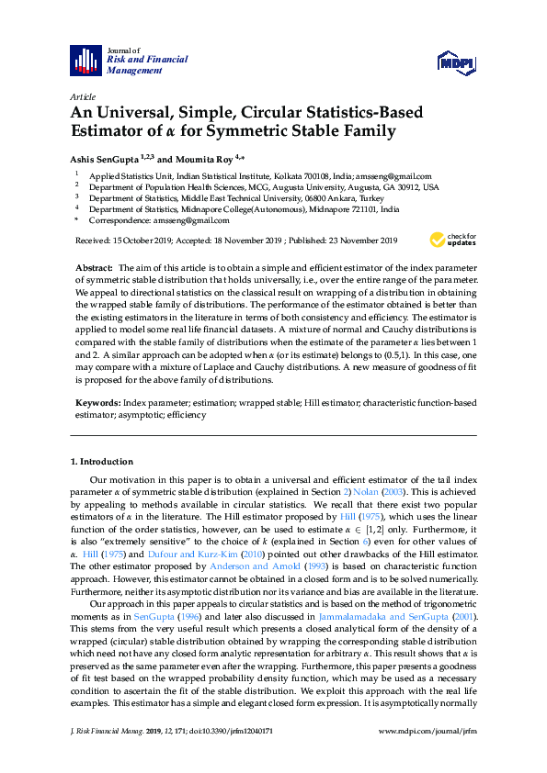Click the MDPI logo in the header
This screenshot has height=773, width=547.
pos(456,62)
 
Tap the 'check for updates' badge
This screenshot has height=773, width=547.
pos(453,241)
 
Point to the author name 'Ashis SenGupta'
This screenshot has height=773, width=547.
pos(104,157)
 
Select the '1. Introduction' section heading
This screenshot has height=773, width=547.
pos(102,461)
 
